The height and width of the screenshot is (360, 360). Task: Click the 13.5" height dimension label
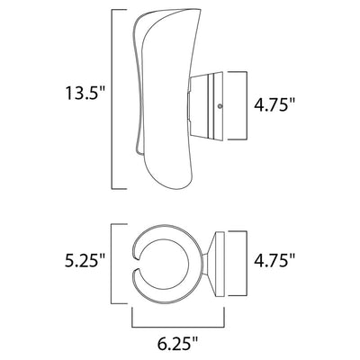click(85, 93)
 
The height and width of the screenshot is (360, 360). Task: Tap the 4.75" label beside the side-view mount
click(274, 105)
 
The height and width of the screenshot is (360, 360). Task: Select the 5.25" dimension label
click(85, 260)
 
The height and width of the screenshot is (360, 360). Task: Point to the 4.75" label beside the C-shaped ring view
click(274, 260)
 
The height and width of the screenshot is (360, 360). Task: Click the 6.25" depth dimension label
click(178, 343)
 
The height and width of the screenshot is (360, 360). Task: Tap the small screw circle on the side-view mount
click(220, 106)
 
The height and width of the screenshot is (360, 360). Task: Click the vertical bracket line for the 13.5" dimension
click(112, 99)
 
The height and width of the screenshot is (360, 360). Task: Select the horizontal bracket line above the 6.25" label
click(178, 327)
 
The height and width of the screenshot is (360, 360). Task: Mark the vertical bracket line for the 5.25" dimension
click(112, 264)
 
